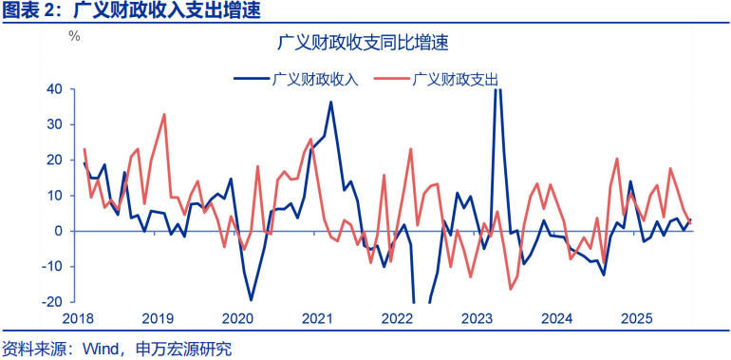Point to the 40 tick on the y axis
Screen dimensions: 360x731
click(54, 89)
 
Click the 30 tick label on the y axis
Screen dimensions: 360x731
click(54, 124)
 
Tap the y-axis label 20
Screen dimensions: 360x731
click(54, 160)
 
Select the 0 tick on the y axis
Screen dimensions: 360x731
click(58, 231)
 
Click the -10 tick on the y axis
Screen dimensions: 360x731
click(52, 267)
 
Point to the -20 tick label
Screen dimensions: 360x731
click(52, 302)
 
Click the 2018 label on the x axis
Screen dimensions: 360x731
click(78, 318)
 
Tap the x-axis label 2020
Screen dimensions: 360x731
click(237, 318)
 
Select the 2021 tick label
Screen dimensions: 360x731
click(316, 318)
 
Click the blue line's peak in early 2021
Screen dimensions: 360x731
click(330, 102)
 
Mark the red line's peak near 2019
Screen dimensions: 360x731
click(164, 114)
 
